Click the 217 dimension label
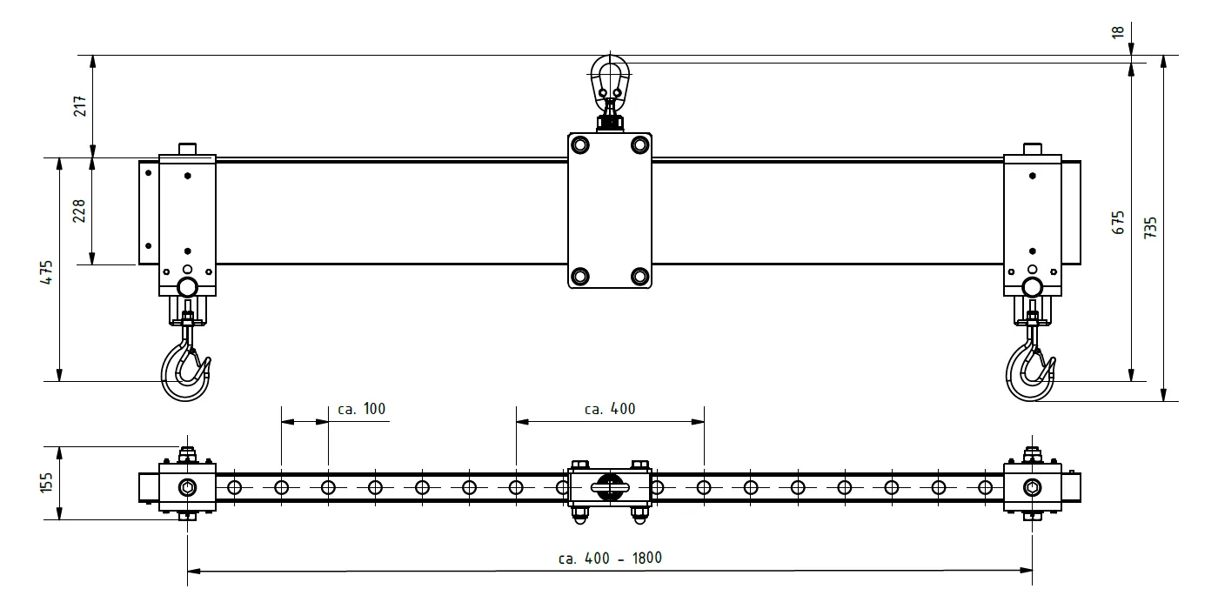pos(80,106)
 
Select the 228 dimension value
pos(79,211)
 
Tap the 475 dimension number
pos(47,271)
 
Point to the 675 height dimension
pos(1118,223)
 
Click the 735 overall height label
pos(1150,228)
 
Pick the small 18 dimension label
pos(1118,32)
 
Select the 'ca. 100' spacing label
pos(362,409)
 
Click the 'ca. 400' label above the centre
pos(610,409)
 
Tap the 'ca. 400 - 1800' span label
pos(610,559)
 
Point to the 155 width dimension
pos(47,483)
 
